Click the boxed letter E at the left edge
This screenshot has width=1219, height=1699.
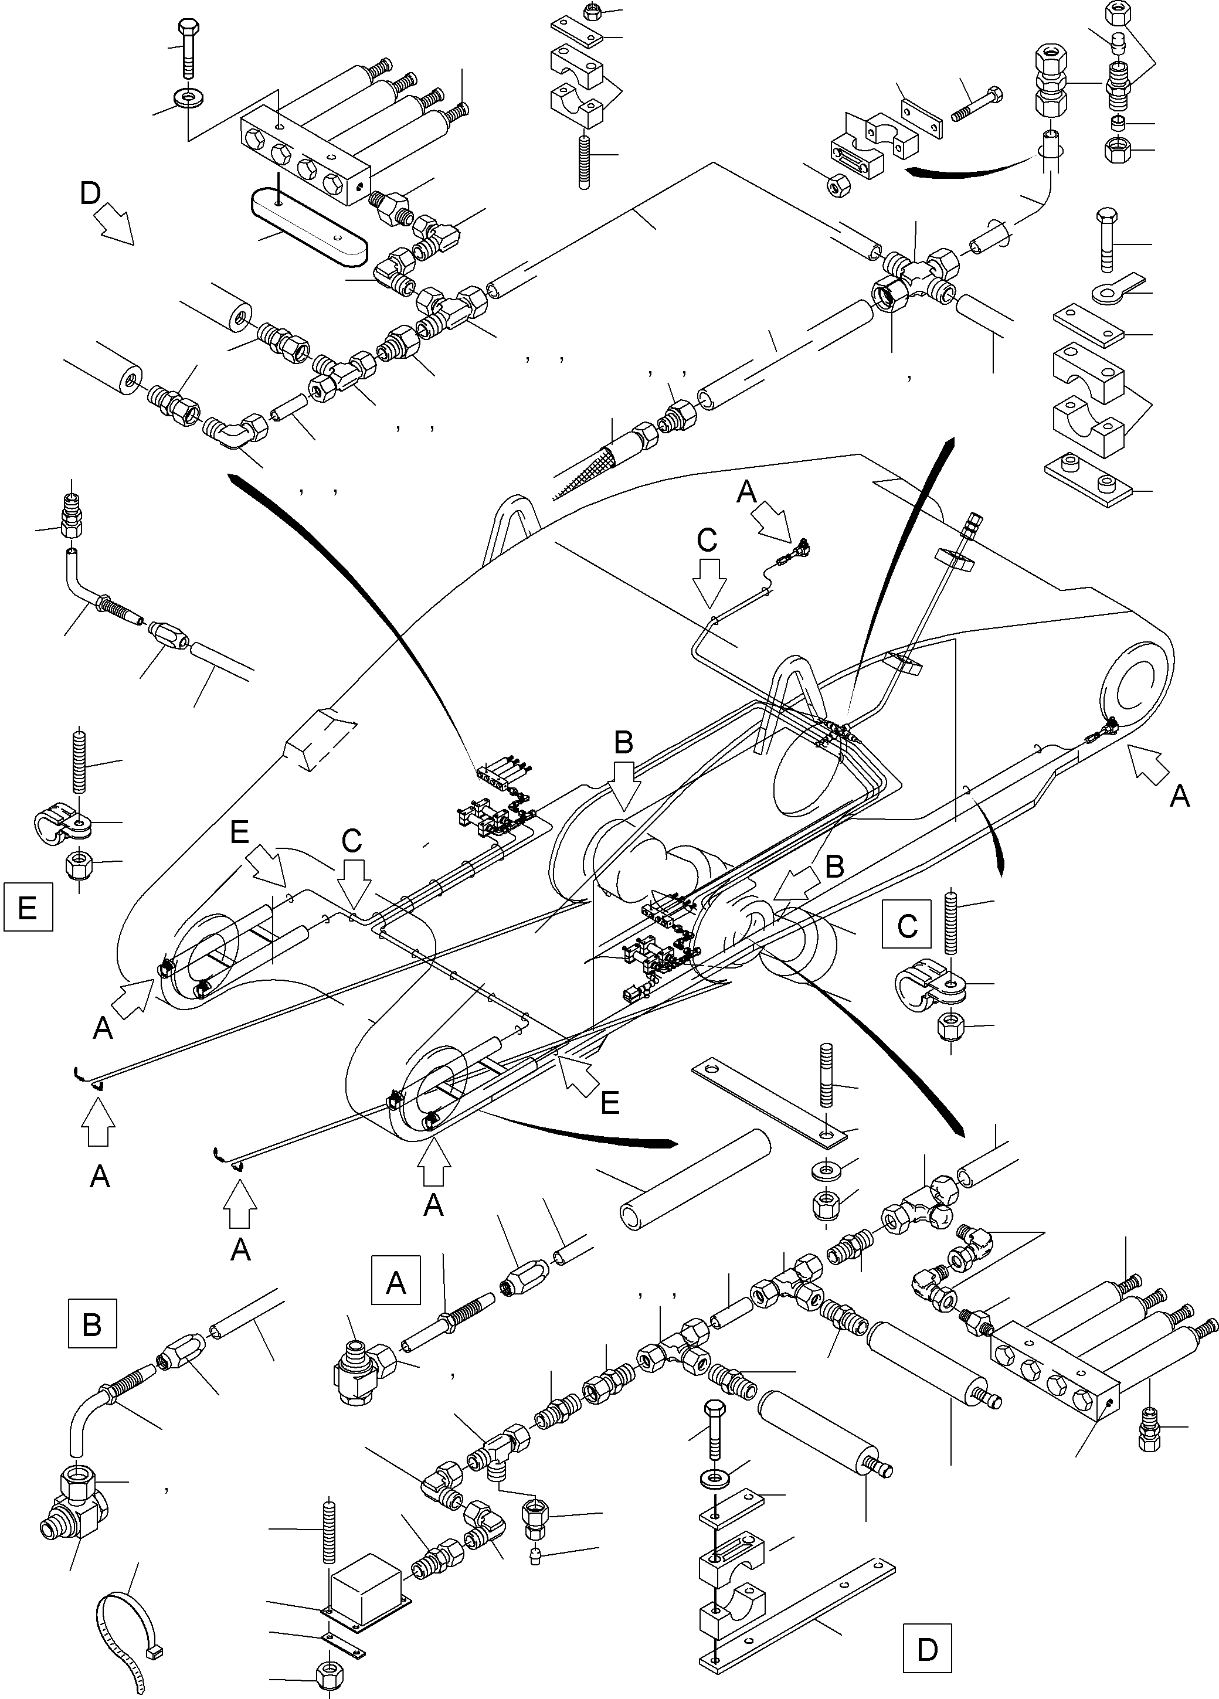(x=28, y=906)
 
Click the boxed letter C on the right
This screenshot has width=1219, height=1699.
(x=906, y=925)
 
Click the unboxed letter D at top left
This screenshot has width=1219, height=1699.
(x=90, y=194)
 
